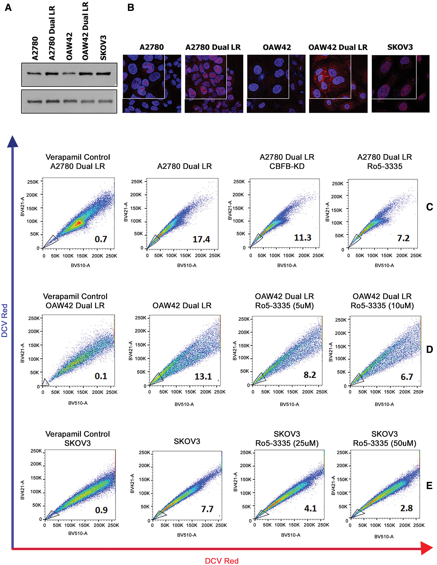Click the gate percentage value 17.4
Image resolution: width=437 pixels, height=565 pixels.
[x=201, y=239]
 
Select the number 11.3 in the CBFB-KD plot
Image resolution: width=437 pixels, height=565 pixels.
[x=303, y=237]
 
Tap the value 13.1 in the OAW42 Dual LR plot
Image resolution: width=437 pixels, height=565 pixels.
[x=203, y=376]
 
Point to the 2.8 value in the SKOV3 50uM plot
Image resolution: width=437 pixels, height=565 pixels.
[x=406, y=508]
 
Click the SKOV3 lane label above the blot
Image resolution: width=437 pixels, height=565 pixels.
[x=103, y=48]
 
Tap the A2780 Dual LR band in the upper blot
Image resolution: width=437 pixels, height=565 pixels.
[x=52, y=74]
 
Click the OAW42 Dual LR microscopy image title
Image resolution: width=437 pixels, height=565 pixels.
[x=338, y=47]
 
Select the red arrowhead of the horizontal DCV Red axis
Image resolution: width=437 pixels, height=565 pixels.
[x=426, y=548]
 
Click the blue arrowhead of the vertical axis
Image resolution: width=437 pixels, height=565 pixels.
[x=12, y=142]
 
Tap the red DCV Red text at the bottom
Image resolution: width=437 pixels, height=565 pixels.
[x=222, y=561]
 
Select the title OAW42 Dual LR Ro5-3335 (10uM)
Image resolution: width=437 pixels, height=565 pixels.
[x=382, y=301]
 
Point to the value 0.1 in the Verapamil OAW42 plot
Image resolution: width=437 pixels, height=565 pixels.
[x=101, y=376]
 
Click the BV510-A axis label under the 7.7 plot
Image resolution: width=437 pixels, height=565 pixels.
[x=187, y=535]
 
